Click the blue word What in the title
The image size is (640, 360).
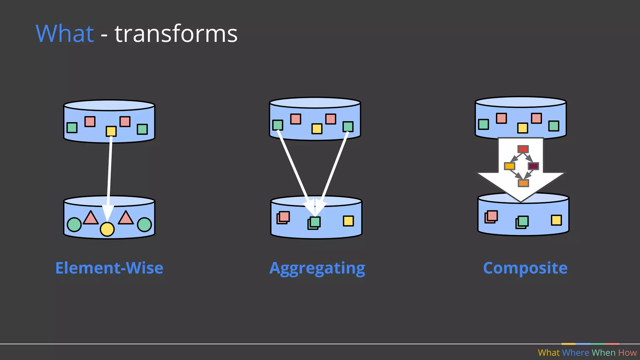[65, 33]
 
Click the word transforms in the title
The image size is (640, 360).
[176, 33]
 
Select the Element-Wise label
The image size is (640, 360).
[109, 268]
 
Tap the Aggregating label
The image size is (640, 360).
[317, 268]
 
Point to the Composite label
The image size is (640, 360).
[525, 268]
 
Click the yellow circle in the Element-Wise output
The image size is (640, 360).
[107, 229]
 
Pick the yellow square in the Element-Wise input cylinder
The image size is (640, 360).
[111, 131]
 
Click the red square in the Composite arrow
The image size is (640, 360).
[523, 149]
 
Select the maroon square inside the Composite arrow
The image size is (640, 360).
[533, 166]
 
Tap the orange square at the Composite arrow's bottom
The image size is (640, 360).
[523, 183]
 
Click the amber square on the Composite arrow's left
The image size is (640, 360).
[509, 166]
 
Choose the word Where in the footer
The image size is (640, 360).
[575, 353]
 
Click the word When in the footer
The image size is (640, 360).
[603, 353]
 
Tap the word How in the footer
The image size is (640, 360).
[627, 353]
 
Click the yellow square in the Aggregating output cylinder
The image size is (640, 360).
[348, 221]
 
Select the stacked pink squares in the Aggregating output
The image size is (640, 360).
[283, 217]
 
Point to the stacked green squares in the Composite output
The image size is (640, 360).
[522, 222]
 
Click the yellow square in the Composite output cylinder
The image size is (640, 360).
[556, 220]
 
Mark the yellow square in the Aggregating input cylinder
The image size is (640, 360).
[317, 129]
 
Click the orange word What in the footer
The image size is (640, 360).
[549, 353]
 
